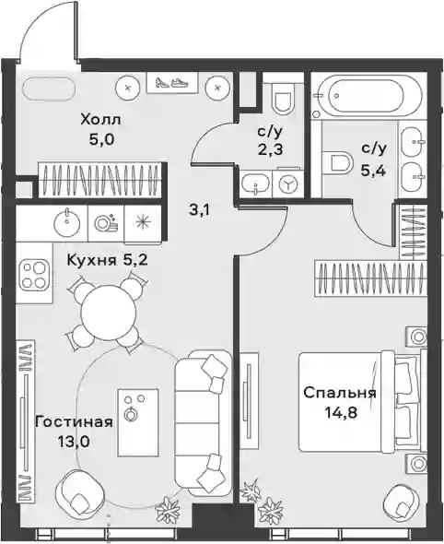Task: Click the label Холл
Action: (100, 120)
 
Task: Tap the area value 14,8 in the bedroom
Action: (341, 413)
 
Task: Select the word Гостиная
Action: (75, 422)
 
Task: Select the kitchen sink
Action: (66, 222)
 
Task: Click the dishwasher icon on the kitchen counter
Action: (106, 222)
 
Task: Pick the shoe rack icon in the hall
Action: (172, 83)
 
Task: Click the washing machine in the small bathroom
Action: (287, 183)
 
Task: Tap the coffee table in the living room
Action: (138, 422)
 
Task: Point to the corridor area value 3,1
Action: (199, 210)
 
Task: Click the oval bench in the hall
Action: (49, 89)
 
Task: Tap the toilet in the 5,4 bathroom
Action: (337, 161)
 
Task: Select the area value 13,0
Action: (75, 442)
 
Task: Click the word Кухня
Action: (91, 259)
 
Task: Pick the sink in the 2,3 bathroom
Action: (255, 183)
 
